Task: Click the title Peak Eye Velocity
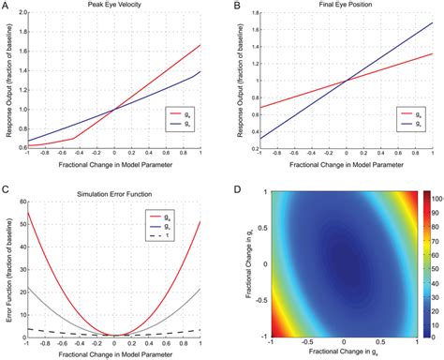pyautogui.click(x=113, y=7)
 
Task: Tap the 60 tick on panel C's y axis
pyautogui.click(x=26, y=202)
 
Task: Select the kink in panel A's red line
pyautogui.click(x=73, y=139)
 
